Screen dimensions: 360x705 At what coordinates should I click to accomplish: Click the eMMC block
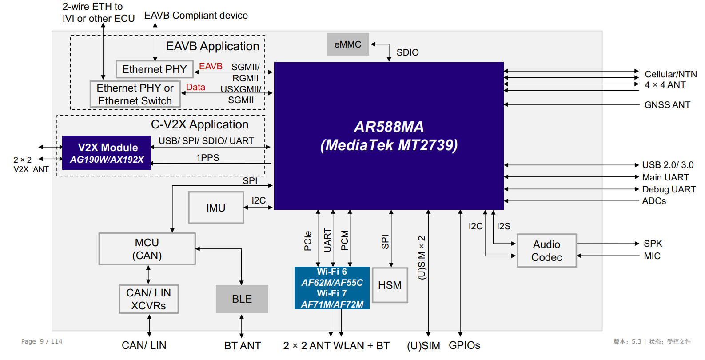tap(348, 44)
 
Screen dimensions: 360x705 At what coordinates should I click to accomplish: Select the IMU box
tap(216, 208)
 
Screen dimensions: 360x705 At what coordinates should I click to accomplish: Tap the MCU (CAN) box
tap(147, 249)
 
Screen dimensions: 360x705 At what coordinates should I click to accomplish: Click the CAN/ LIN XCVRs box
tap(149, 299)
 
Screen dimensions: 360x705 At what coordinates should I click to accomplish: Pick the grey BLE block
tap(242, 299)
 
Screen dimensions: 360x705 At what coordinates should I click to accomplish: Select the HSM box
tap(390, 285)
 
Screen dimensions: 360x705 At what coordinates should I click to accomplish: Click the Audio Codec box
tap(546, 251)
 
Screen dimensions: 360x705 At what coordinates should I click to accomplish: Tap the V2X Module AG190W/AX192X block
tap(107, 153)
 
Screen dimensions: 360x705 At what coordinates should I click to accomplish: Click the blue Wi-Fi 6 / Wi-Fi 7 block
tap(332, 288)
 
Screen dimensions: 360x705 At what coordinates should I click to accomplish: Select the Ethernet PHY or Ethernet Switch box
tap(135, 94)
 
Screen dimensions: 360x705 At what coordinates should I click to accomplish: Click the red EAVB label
tap(211, 66)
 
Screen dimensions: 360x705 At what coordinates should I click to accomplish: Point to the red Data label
tap(195, 87)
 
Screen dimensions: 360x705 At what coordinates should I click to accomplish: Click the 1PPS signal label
tap(207, 158)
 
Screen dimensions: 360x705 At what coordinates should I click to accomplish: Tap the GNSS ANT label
tap(667, 105)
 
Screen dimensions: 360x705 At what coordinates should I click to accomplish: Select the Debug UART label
tap(669, 189)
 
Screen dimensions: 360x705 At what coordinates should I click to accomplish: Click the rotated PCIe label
tap(307, 241)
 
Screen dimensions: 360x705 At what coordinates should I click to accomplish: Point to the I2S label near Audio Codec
tap(503, 226)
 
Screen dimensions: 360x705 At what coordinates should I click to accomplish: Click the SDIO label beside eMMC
tap(407, 52)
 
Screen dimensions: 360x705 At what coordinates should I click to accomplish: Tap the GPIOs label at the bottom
tap(464, 345)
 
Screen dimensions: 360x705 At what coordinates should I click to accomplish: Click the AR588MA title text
tap(389, 127)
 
